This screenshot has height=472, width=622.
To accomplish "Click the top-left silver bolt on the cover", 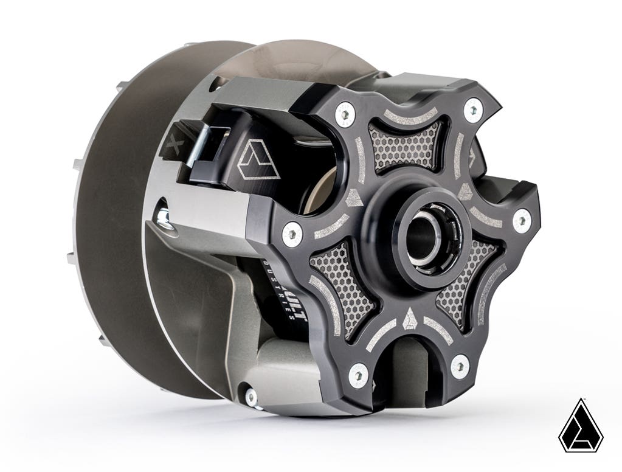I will (x=345, y=114).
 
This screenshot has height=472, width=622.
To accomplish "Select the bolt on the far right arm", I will (x=521, y=221).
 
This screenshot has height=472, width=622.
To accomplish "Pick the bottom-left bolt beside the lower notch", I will (x=359, y=375).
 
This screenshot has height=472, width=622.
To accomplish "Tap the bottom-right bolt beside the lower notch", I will (x=460, y=366).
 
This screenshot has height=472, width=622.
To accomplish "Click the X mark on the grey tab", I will (x=174, y=144).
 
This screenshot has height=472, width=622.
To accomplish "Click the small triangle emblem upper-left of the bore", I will (x=354, y=197).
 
